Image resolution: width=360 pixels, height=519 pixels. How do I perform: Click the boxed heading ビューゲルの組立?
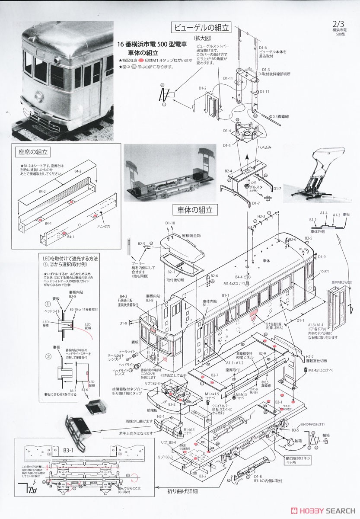point(201,28)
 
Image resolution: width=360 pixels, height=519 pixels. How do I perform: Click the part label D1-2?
point(203,88)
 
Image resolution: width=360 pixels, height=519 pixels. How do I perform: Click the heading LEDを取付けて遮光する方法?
point(68,258)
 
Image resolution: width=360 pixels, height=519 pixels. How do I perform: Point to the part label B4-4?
point(239,277)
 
